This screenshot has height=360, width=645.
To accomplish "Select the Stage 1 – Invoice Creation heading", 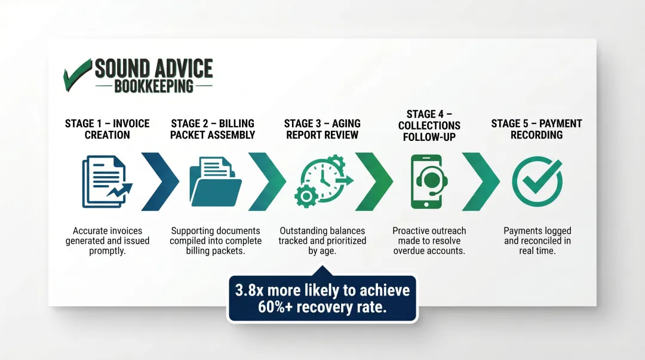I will coord(107,129).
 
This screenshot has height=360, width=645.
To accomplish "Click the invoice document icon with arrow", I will coord(106,181).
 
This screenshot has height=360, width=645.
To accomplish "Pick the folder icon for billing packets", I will coord(214,181).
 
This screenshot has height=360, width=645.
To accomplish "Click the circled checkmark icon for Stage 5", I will coord(537,181).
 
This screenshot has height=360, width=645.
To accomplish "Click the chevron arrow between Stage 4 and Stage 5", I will coord(480,181).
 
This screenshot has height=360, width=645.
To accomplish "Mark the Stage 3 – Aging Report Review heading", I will coord(322,129).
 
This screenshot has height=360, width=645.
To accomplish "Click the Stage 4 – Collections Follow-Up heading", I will coord(429,125).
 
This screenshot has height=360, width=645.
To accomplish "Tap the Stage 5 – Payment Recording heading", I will coord(536,129).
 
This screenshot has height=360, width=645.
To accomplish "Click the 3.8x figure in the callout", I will coord(248,290).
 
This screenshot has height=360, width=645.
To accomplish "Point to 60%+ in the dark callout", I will coord(278,307).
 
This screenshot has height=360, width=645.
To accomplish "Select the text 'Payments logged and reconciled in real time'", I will coord(537,241).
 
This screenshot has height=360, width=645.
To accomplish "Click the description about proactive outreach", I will coord(429,241).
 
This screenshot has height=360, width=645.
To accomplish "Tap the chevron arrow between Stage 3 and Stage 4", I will coord(374,181).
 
